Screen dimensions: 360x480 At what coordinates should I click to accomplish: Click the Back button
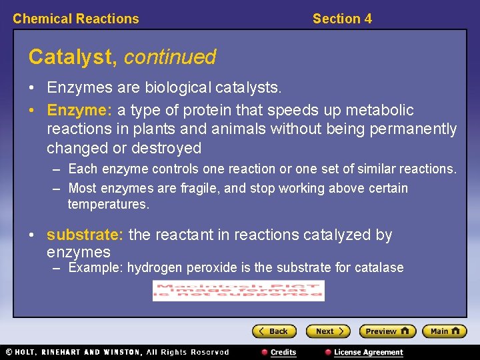(274, 331)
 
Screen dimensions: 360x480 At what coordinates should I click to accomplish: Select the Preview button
(387, 331)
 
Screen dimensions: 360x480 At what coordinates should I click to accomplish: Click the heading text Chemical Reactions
(76, 19)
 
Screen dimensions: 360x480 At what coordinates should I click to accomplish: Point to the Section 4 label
(342, 19)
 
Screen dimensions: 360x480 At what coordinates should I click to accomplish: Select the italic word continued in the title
(170, 57)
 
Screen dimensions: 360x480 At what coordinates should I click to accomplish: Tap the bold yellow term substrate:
(85, 235)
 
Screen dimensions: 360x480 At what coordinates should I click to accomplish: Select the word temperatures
(108, 204)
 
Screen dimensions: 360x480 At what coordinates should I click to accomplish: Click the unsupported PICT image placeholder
(238, 291)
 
